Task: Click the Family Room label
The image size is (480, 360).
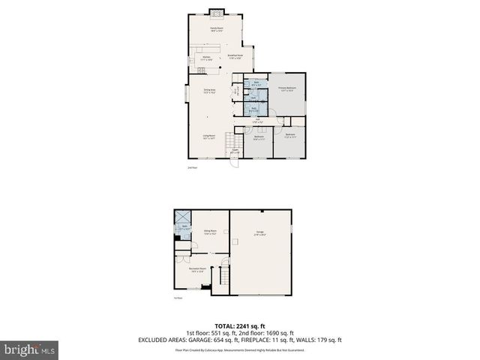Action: tap(217, 29)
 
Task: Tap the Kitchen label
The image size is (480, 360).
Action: tap(207, 57)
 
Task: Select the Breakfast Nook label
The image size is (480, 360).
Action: tap(235, 55)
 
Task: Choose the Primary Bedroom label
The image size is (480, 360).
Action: tap(288, 88)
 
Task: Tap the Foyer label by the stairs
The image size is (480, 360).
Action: tap(235, 152)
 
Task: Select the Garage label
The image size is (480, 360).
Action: tap(260, 233)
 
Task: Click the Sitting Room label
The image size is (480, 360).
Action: tap(210, 232)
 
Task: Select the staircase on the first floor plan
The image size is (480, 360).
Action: tap(221, 279)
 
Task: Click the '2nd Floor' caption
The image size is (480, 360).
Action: tap(192, 168)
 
